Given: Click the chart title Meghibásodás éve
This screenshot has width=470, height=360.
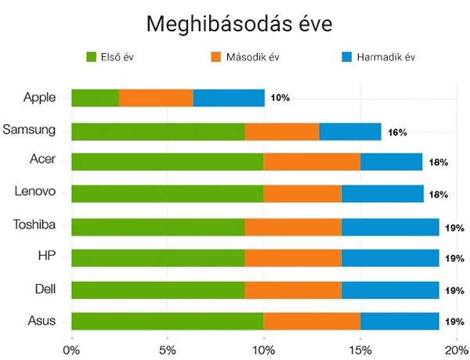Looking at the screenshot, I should [240, 23].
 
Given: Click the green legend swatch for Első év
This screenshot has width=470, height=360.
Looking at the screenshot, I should [91, 57].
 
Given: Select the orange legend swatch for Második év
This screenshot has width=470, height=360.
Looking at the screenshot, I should [217, 57].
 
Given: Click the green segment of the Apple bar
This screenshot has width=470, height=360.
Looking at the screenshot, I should [95, 98].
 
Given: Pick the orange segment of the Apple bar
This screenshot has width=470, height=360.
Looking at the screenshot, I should [156, 98].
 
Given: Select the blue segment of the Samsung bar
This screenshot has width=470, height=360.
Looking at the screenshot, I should [350, 131].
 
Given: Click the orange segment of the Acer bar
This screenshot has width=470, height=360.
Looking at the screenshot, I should [312, 162].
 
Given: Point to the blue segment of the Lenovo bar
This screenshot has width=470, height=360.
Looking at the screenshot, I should [382, 193].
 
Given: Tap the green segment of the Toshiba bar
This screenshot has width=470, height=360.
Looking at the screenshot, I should [157, 227].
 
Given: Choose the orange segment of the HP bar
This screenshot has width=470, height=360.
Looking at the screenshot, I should [293, 258].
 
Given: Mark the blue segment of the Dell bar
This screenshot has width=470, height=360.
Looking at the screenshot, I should [390, 290].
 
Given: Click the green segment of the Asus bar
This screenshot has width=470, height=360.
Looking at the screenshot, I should [167, 321].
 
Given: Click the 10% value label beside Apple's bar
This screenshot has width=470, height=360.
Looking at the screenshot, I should [280, 99].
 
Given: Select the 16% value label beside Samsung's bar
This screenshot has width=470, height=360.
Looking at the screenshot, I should [397, 132].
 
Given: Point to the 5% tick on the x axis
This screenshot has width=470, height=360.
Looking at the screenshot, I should [168, 348].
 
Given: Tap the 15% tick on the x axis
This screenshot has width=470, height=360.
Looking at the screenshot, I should [360, 348].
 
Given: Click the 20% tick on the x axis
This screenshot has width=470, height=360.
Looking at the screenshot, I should [454, 348].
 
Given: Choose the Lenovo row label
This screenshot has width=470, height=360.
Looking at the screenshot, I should [34, 191].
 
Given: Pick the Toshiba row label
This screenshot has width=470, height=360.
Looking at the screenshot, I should [34, 225].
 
